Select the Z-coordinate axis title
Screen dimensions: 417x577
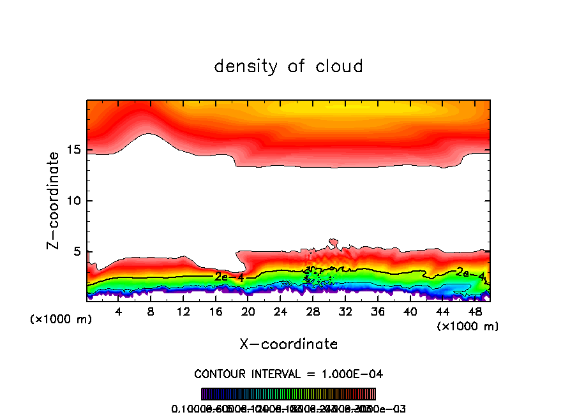point(55,200)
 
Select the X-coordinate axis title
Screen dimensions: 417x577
point(288,344)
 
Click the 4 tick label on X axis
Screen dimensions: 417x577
point(119,311)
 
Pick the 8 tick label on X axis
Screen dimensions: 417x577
point(151,311)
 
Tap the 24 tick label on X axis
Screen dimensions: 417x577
point(280,311)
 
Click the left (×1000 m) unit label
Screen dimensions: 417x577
point(61,319)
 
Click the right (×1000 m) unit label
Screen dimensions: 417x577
point(467,326)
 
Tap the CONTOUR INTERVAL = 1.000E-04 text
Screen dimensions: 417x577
point(288,374)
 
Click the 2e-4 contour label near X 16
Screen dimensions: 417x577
point(229,277)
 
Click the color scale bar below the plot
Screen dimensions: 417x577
point(288,394)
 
